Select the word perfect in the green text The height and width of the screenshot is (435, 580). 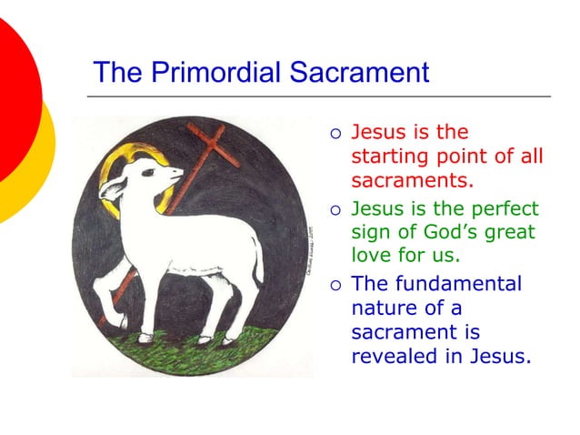coord(506,207)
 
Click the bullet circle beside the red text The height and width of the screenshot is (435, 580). coord(335,134)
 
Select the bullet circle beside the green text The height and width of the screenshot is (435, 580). coord(335,209)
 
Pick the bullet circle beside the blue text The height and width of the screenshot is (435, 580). coord(335,284)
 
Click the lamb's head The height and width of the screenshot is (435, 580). coord(136,187)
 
